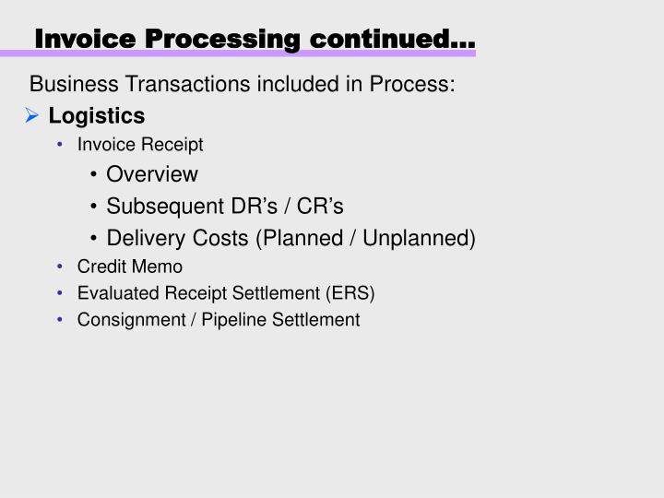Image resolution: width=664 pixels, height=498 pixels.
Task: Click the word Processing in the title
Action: coord(222,40)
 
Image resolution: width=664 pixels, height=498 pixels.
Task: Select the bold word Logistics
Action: coord(97,116)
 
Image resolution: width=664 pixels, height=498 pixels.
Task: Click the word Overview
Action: coord(152,174)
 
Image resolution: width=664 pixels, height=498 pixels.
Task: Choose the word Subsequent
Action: coord(160,206)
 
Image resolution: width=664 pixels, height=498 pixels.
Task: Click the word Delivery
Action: coord(144,238)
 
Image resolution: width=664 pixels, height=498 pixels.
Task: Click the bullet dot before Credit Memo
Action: coord(60,267)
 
